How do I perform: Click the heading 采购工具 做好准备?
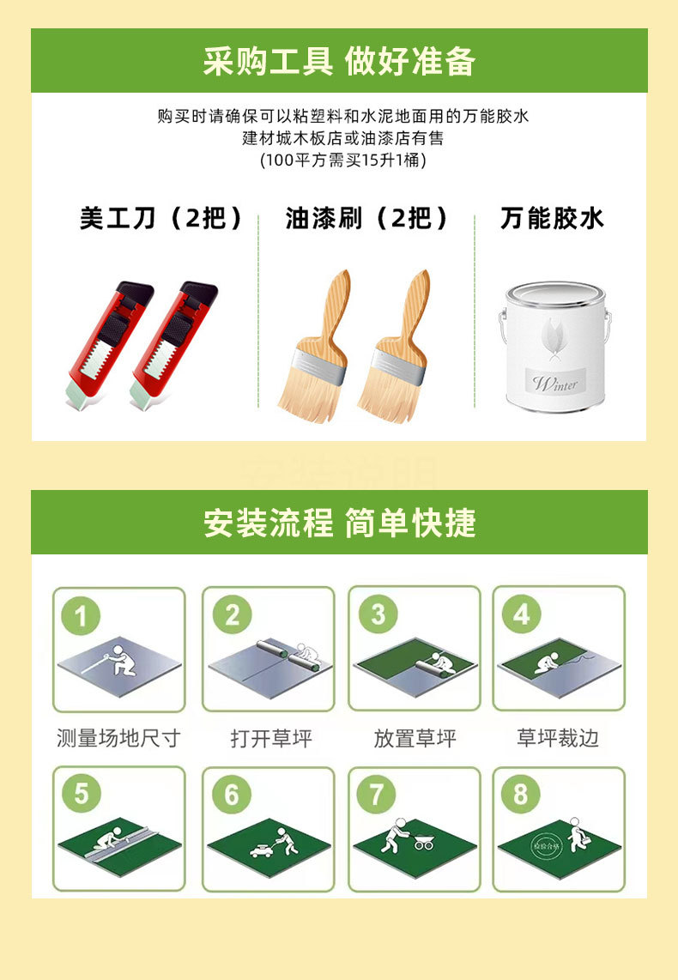339,62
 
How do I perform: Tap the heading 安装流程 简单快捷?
339,523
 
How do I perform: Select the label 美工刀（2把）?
161,218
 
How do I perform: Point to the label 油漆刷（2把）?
367,218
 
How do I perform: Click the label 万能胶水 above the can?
553,218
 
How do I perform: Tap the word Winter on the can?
554,384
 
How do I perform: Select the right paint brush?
394,348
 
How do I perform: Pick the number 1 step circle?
82,615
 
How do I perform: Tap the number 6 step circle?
231,795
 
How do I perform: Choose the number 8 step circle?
521,795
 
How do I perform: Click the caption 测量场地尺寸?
118,738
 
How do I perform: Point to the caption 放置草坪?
415,738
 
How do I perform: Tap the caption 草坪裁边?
558,738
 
